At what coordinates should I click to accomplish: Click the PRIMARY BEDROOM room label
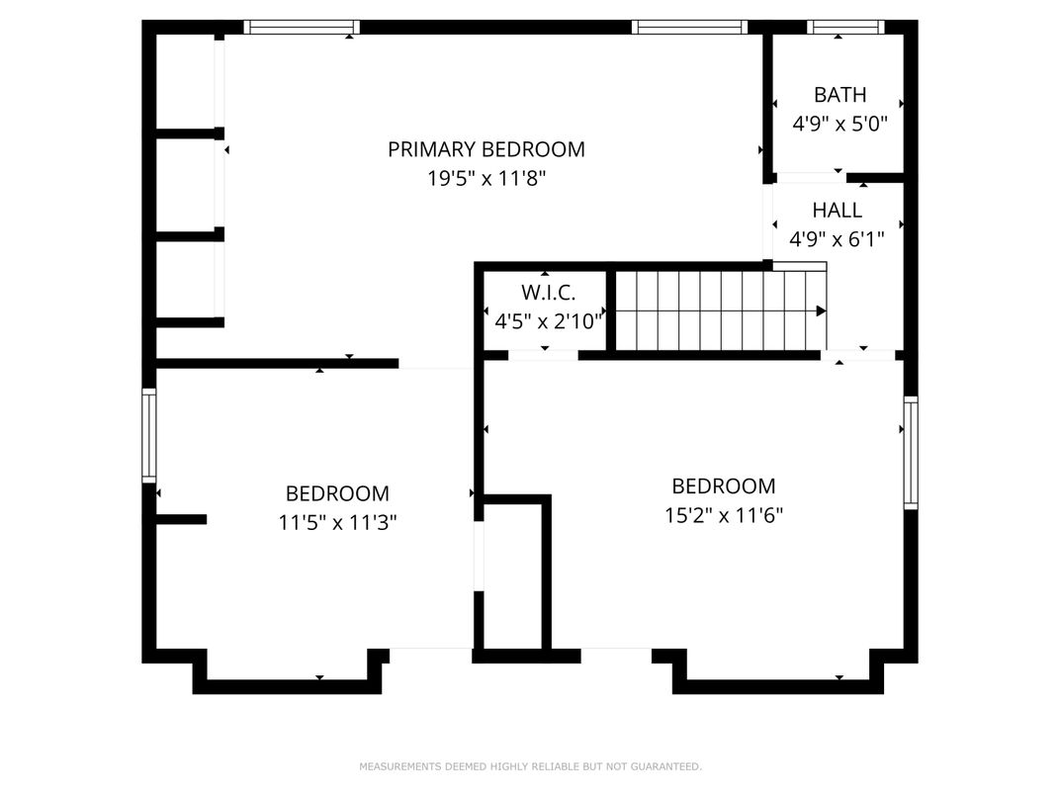[x=486, y=149]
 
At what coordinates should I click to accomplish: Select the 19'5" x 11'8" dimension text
[x=486, y=178]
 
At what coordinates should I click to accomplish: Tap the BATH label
[x=839, y=95]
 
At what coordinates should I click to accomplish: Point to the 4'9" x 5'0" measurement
[x=839, y=124]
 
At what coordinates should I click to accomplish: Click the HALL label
[x=837, y=211]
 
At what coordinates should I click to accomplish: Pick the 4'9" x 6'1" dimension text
[x=837, y=239]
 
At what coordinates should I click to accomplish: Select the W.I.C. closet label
[x=548, y=293]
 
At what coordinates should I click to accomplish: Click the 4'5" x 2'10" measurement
[x=548, y=321]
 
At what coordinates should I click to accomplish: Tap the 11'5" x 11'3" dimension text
[x=337, y=522]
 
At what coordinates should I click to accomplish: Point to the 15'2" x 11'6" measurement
[x=724, y=516]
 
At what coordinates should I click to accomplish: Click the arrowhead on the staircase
[x=822, y=310]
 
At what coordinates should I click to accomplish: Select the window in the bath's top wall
[x=845, y=27]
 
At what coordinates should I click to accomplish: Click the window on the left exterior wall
[x=148, y=435]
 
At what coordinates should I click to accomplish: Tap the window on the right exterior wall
[x=911, y=452]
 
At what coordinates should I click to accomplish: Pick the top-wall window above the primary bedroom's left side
[x=302, y=27]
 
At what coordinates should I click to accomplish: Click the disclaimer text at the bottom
[x=530, y=766]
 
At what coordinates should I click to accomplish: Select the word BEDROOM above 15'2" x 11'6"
[x=724, y=486]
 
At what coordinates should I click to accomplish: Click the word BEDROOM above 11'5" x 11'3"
[x=337, y=493]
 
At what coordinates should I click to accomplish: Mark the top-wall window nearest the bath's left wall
[x=689, y=27]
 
